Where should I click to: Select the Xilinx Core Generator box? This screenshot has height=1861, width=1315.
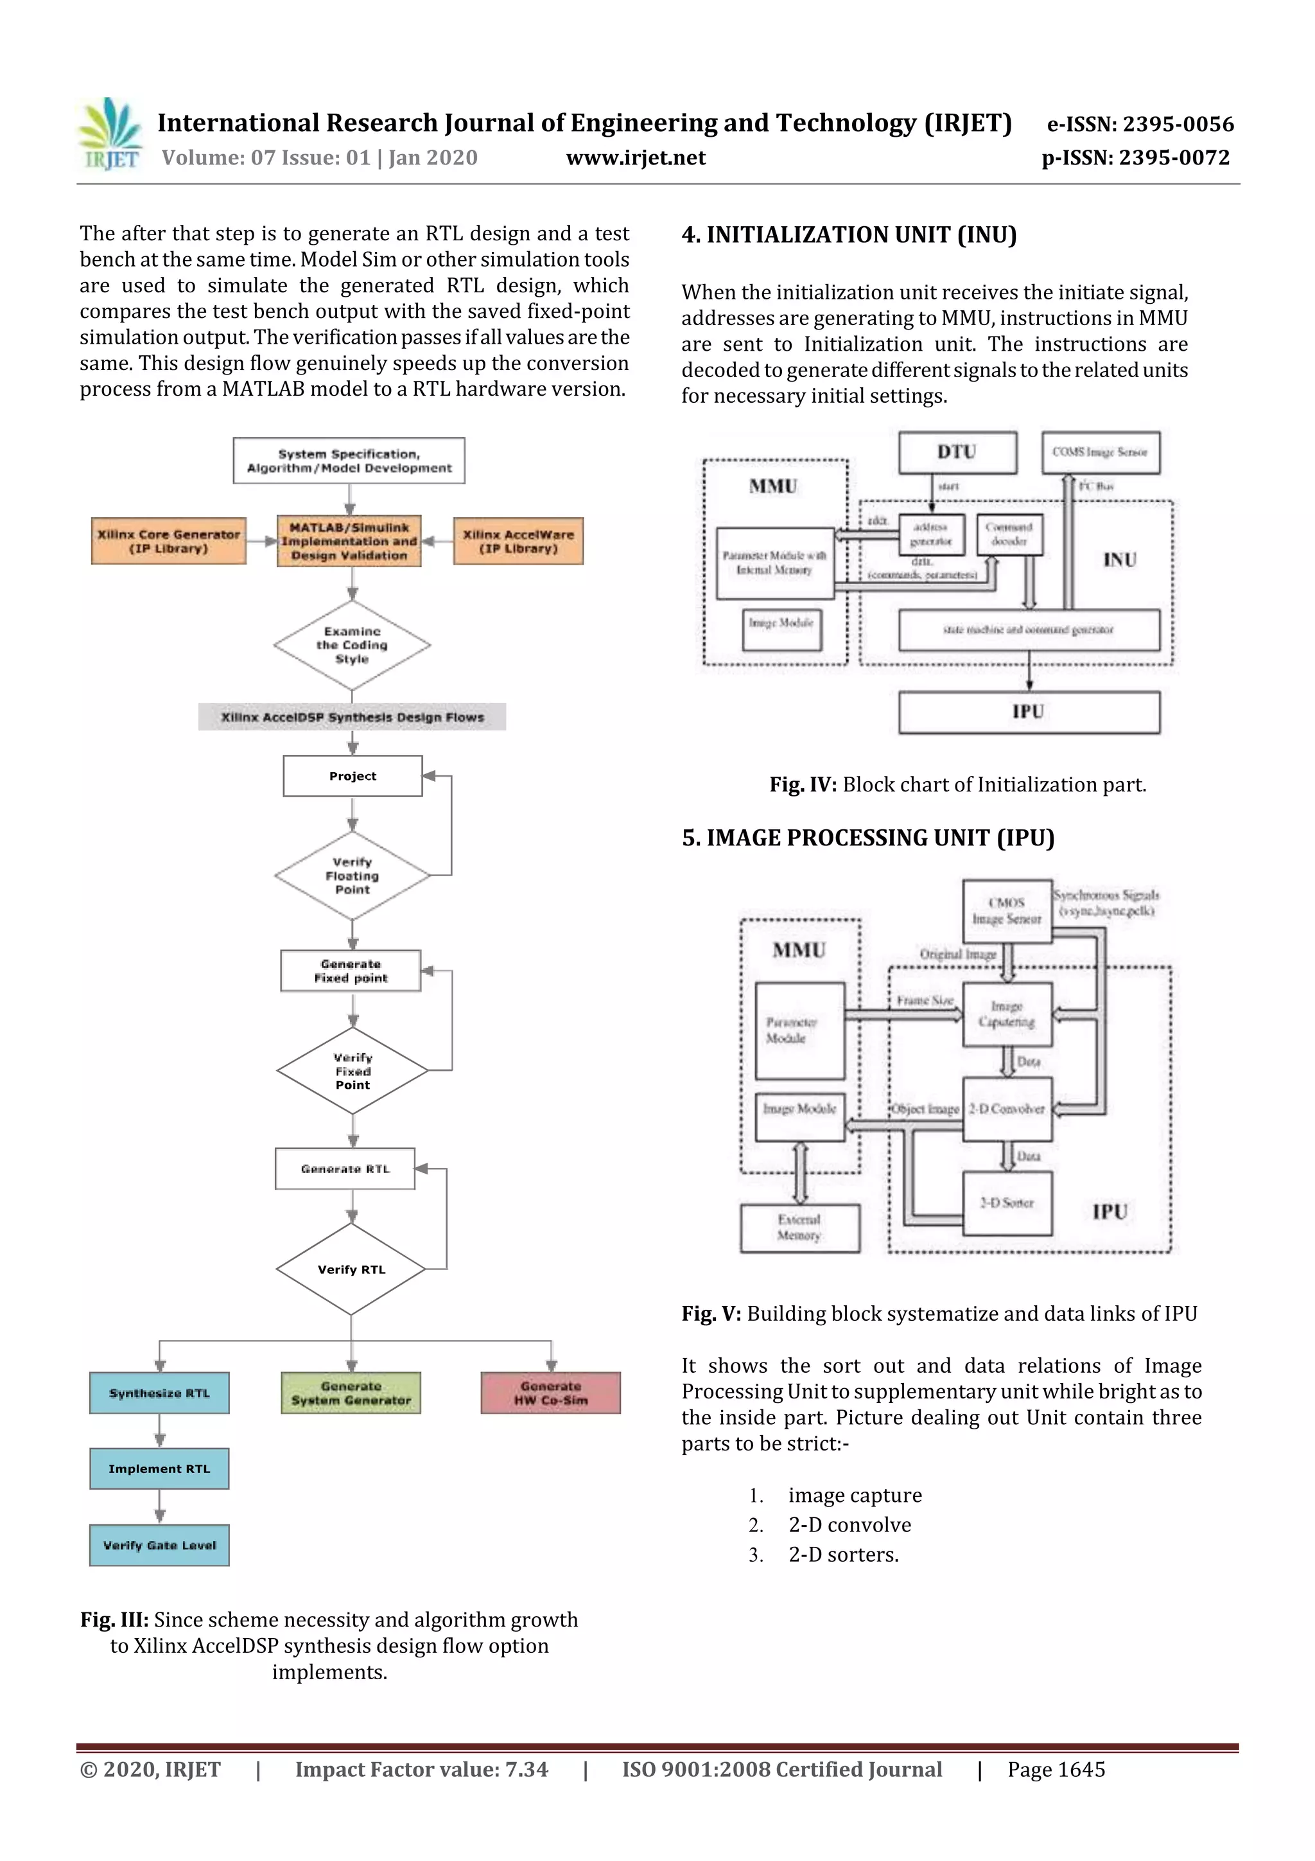click(x=168, y=541)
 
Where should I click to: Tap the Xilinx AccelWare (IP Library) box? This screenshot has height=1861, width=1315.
click(x=518, y=541)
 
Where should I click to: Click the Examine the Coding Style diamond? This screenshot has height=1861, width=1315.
click(x=352, y=645)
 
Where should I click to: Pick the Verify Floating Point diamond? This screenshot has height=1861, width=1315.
click(x=352, y=876)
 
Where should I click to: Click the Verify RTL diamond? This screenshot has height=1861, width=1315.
click(x=351, y=1269)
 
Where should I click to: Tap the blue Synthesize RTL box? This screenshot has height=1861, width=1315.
click(x=160, y=1393)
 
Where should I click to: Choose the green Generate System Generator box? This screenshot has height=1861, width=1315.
click(x=351, y=1393)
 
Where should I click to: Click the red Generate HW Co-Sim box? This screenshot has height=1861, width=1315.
click(x=551, y=1393)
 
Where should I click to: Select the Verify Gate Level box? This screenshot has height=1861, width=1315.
click(x=160, y=1545)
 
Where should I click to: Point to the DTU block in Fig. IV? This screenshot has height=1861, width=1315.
click(x=957, y=452)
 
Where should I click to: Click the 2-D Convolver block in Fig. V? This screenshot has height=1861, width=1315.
click(x=1007, y=1109)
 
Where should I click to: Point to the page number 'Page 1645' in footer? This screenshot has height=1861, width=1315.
click(x=1056, y=1769)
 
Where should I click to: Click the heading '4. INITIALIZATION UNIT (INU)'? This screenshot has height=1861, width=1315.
click(x=849, y=235)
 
